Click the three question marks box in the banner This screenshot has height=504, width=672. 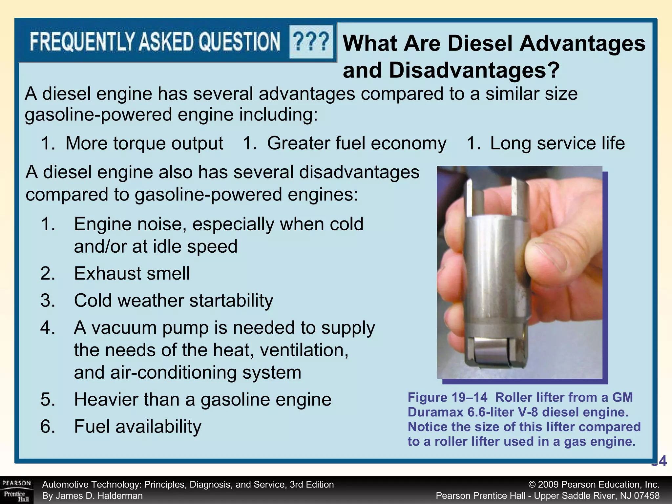pos(311,42)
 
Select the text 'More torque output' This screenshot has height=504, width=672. pos(144,143)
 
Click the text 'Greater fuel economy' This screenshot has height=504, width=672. pos(357,143)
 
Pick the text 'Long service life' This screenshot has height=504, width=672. pos(557,143)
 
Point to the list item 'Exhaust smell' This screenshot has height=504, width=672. pos(132,273)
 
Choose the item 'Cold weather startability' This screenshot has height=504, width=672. pos(174,301)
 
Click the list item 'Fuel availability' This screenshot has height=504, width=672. pos(138,427)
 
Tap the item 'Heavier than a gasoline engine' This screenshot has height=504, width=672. pos(203,400)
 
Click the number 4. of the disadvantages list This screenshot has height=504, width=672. pos(48,328)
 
